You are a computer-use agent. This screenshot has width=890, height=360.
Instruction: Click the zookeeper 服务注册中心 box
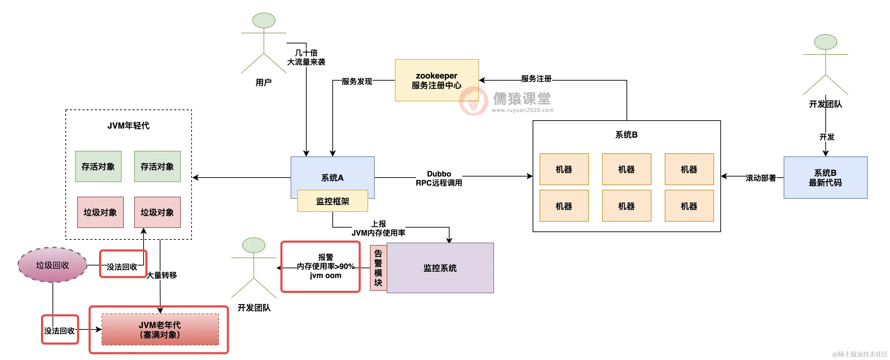(x=437, y=80)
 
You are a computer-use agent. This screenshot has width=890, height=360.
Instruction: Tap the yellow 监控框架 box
(x=332, y=201)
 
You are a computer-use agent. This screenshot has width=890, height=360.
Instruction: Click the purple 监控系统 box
(x=440, y=268)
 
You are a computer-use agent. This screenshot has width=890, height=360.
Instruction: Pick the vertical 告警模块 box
(x=378, y=268)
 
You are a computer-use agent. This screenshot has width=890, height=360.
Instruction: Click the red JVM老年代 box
(x=160, y=330)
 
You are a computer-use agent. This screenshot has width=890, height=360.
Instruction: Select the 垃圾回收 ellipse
(x=52, y=265)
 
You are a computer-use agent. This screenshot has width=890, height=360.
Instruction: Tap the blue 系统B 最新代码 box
(x=825, y=178)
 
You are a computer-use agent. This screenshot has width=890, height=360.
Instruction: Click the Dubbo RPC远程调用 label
(x=439, y=178)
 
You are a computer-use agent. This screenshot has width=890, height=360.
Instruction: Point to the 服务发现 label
(x=357, y=81)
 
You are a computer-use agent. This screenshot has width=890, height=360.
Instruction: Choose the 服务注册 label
(x=536, y=79)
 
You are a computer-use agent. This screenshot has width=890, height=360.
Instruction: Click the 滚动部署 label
(x=761, y=178)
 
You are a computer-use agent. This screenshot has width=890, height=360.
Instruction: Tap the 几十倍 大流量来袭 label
(x=306, y=57)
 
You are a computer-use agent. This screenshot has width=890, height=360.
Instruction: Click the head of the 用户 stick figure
(x=264, y=21)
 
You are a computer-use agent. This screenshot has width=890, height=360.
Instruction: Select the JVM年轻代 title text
(x=128, y=125)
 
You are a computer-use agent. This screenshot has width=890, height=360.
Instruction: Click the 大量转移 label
(x=162, y=275)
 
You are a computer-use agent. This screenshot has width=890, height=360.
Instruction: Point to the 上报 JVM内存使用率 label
(x=378, y=228)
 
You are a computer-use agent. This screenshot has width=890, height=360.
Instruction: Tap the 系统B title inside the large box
(x=626, y=135)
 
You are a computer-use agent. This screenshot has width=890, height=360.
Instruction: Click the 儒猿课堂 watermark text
(x=521, y=99)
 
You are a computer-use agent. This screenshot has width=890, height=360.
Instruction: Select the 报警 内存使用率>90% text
(x=325, y=262)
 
